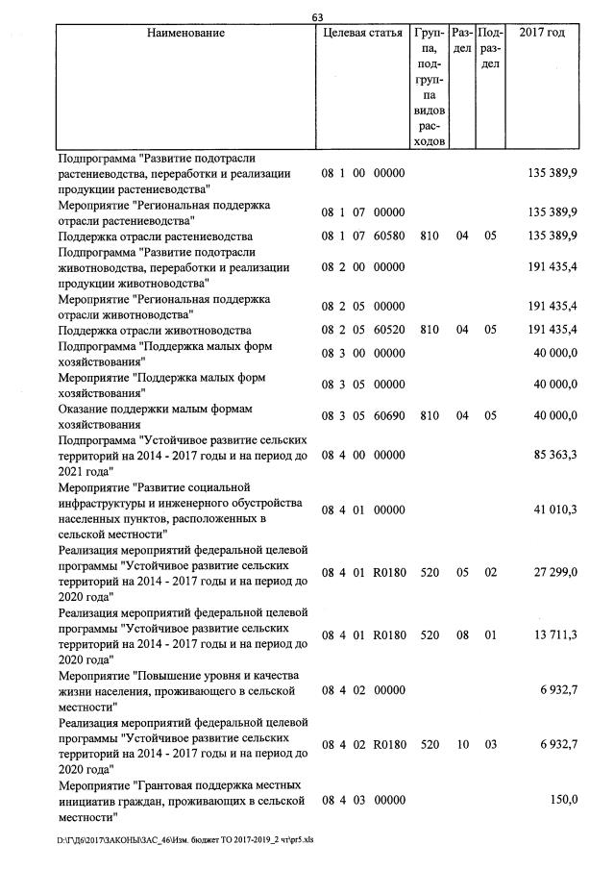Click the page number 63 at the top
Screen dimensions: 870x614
click(318, 15)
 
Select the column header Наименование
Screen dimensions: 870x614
click(185, 34)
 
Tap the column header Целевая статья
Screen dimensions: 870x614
click(362, 34)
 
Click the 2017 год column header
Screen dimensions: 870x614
click(542, 34)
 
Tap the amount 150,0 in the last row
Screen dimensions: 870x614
click(563, 800)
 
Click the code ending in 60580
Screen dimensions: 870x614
click(362, 236)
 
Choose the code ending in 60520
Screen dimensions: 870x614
click(362, 330)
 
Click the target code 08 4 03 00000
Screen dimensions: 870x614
click(362, 800)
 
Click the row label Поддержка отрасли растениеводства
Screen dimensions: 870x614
click(155, 236)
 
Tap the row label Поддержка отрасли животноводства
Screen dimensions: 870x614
click(155, 330)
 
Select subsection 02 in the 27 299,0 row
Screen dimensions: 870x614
click(490, 572)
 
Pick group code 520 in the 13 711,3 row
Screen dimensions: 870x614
click(429, 634)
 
